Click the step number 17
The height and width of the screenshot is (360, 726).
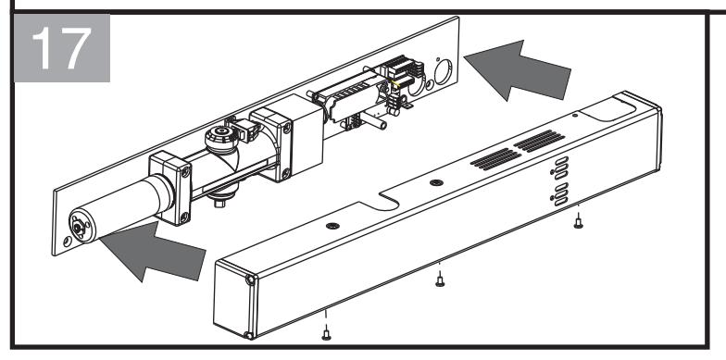coord(61,48)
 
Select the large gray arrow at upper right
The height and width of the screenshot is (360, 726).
coord(518,70)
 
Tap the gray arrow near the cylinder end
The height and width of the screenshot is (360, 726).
coord(153,252)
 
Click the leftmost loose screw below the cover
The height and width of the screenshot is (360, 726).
coord(326,333)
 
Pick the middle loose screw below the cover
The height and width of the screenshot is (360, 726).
coord(440,279)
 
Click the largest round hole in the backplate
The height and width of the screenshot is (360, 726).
coord(443,72)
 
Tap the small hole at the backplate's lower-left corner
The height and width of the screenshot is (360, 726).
coord(68,241)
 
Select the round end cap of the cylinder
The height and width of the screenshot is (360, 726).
coord(81,226)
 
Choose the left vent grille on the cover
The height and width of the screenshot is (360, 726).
coord(496,159)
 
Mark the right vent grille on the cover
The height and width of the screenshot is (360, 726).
coord(539,141)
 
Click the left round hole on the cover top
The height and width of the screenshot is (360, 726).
coord(332,226)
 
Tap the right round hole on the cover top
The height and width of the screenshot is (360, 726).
coord(436,182)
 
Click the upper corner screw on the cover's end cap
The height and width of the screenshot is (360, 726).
coord(250,279)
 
